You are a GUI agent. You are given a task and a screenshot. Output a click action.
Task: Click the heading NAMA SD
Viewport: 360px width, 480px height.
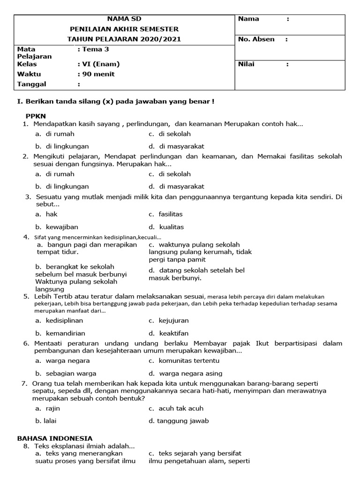point(124,19)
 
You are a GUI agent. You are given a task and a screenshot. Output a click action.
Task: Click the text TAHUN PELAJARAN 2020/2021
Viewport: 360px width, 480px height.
point(124,39)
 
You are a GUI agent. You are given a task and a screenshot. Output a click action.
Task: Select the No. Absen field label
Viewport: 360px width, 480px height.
point(256,39)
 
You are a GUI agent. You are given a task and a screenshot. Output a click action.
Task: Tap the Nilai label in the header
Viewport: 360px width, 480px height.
point(247,64)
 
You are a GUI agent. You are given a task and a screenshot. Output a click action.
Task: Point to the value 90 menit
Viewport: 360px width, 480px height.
point(97,74)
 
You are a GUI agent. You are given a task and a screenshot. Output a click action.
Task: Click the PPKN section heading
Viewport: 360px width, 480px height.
point(36,116)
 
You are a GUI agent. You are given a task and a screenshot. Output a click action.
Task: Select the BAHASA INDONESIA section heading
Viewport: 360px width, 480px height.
point(55,438)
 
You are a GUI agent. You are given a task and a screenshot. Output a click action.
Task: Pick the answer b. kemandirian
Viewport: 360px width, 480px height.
point(59,333)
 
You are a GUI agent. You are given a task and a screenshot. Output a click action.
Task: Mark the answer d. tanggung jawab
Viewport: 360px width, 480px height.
point(179,420)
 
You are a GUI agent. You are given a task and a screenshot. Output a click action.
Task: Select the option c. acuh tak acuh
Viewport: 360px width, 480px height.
point(176,408)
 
